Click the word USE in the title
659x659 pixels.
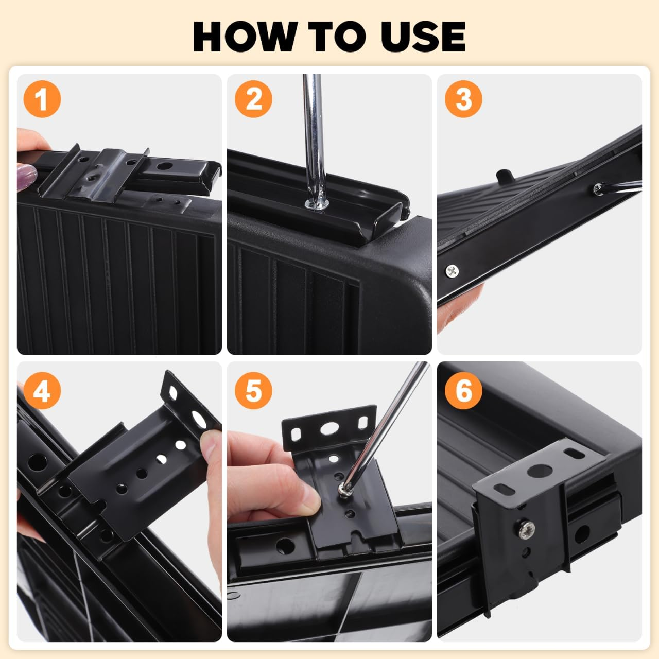[x=421, y=36]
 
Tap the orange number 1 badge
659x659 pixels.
[x=42, y=99]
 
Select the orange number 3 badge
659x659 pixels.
[x=463, y=99]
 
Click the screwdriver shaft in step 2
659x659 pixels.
[x=312, y=134]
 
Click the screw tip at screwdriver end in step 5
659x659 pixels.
[x=343, y=489]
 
